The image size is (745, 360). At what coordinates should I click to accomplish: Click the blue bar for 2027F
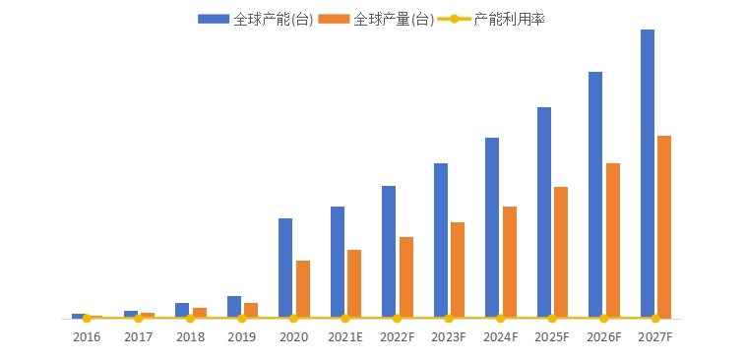(648, 173)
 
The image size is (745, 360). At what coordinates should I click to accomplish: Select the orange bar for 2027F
(664, 226)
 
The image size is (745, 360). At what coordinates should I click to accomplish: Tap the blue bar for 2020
(285, 268)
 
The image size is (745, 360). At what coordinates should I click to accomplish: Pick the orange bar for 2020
(303, 289)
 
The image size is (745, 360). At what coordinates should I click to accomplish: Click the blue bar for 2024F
(492, 227)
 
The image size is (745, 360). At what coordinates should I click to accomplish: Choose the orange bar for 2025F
(561, 252)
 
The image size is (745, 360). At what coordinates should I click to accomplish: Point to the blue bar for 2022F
(389, 251)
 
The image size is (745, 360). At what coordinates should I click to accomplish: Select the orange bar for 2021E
(354, 283)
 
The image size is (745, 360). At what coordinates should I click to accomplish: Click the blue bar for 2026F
(595, 195)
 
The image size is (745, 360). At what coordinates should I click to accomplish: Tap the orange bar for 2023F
(458, 270)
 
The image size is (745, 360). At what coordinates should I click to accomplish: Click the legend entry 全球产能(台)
(256, 19)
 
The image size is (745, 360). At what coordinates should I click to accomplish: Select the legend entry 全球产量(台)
(375, 19)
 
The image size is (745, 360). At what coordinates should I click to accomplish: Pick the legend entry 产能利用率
(492, 19)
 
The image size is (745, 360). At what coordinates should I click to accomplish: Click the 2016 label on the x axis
(87, 336)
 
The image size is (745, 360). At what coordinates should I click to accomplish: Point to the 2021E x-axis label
(345, 336)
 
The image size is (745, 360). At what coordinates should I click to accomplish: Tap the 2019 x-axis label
(242, 336)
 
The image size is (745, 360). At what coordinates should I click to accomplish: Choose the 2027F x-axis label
(655, 336)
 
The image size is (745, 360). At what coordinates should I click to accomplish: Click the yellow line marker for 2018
(190, 318)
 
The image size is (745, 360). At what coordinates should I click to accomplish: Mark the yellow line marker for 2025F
(552, 318)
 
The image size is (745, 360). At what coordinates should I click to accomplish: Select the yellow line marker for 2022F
(397, 318)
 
